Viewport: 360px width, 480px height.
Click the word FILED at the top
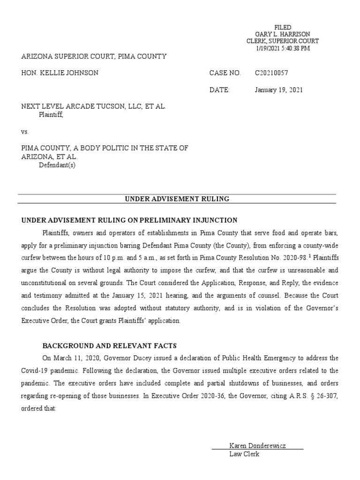click(x=283, y=28)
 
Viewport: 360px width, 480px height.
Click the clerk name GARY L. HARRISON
click(x=283, y=35)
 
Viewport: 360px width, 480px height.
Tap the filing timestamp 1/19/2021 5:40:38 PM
click(x=283, y=48)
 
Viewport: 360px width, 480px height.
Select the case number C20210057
click(x=271, y=73)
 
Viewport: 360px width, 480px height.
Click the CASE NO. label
click(x=225, y=73)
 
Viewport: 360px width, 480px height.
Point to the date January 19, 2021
click(x=279, y=90)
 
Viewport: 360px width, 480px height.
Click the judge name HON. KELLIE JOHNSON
click(x=60, y=73)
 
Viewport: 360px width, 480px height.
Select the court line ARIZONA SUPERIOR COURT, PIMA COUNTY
click(x=94, y=57)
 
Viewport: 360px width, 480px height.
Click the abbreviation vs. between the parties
click(x=25, y=132)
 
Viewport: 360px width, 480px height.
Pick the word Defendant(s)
click(x=57, y=165)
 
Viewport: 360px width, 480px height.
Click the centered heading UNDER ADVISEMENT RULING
click(x=177, y=199)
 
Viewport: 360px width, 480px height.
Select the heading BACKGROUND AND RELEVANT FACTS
click(x=110, y=346)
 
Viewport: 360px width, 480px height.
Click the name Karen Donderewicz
click(x=257, y=445)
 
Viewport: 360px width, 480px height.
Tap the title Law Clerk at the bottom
click(x=244, y=454)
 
